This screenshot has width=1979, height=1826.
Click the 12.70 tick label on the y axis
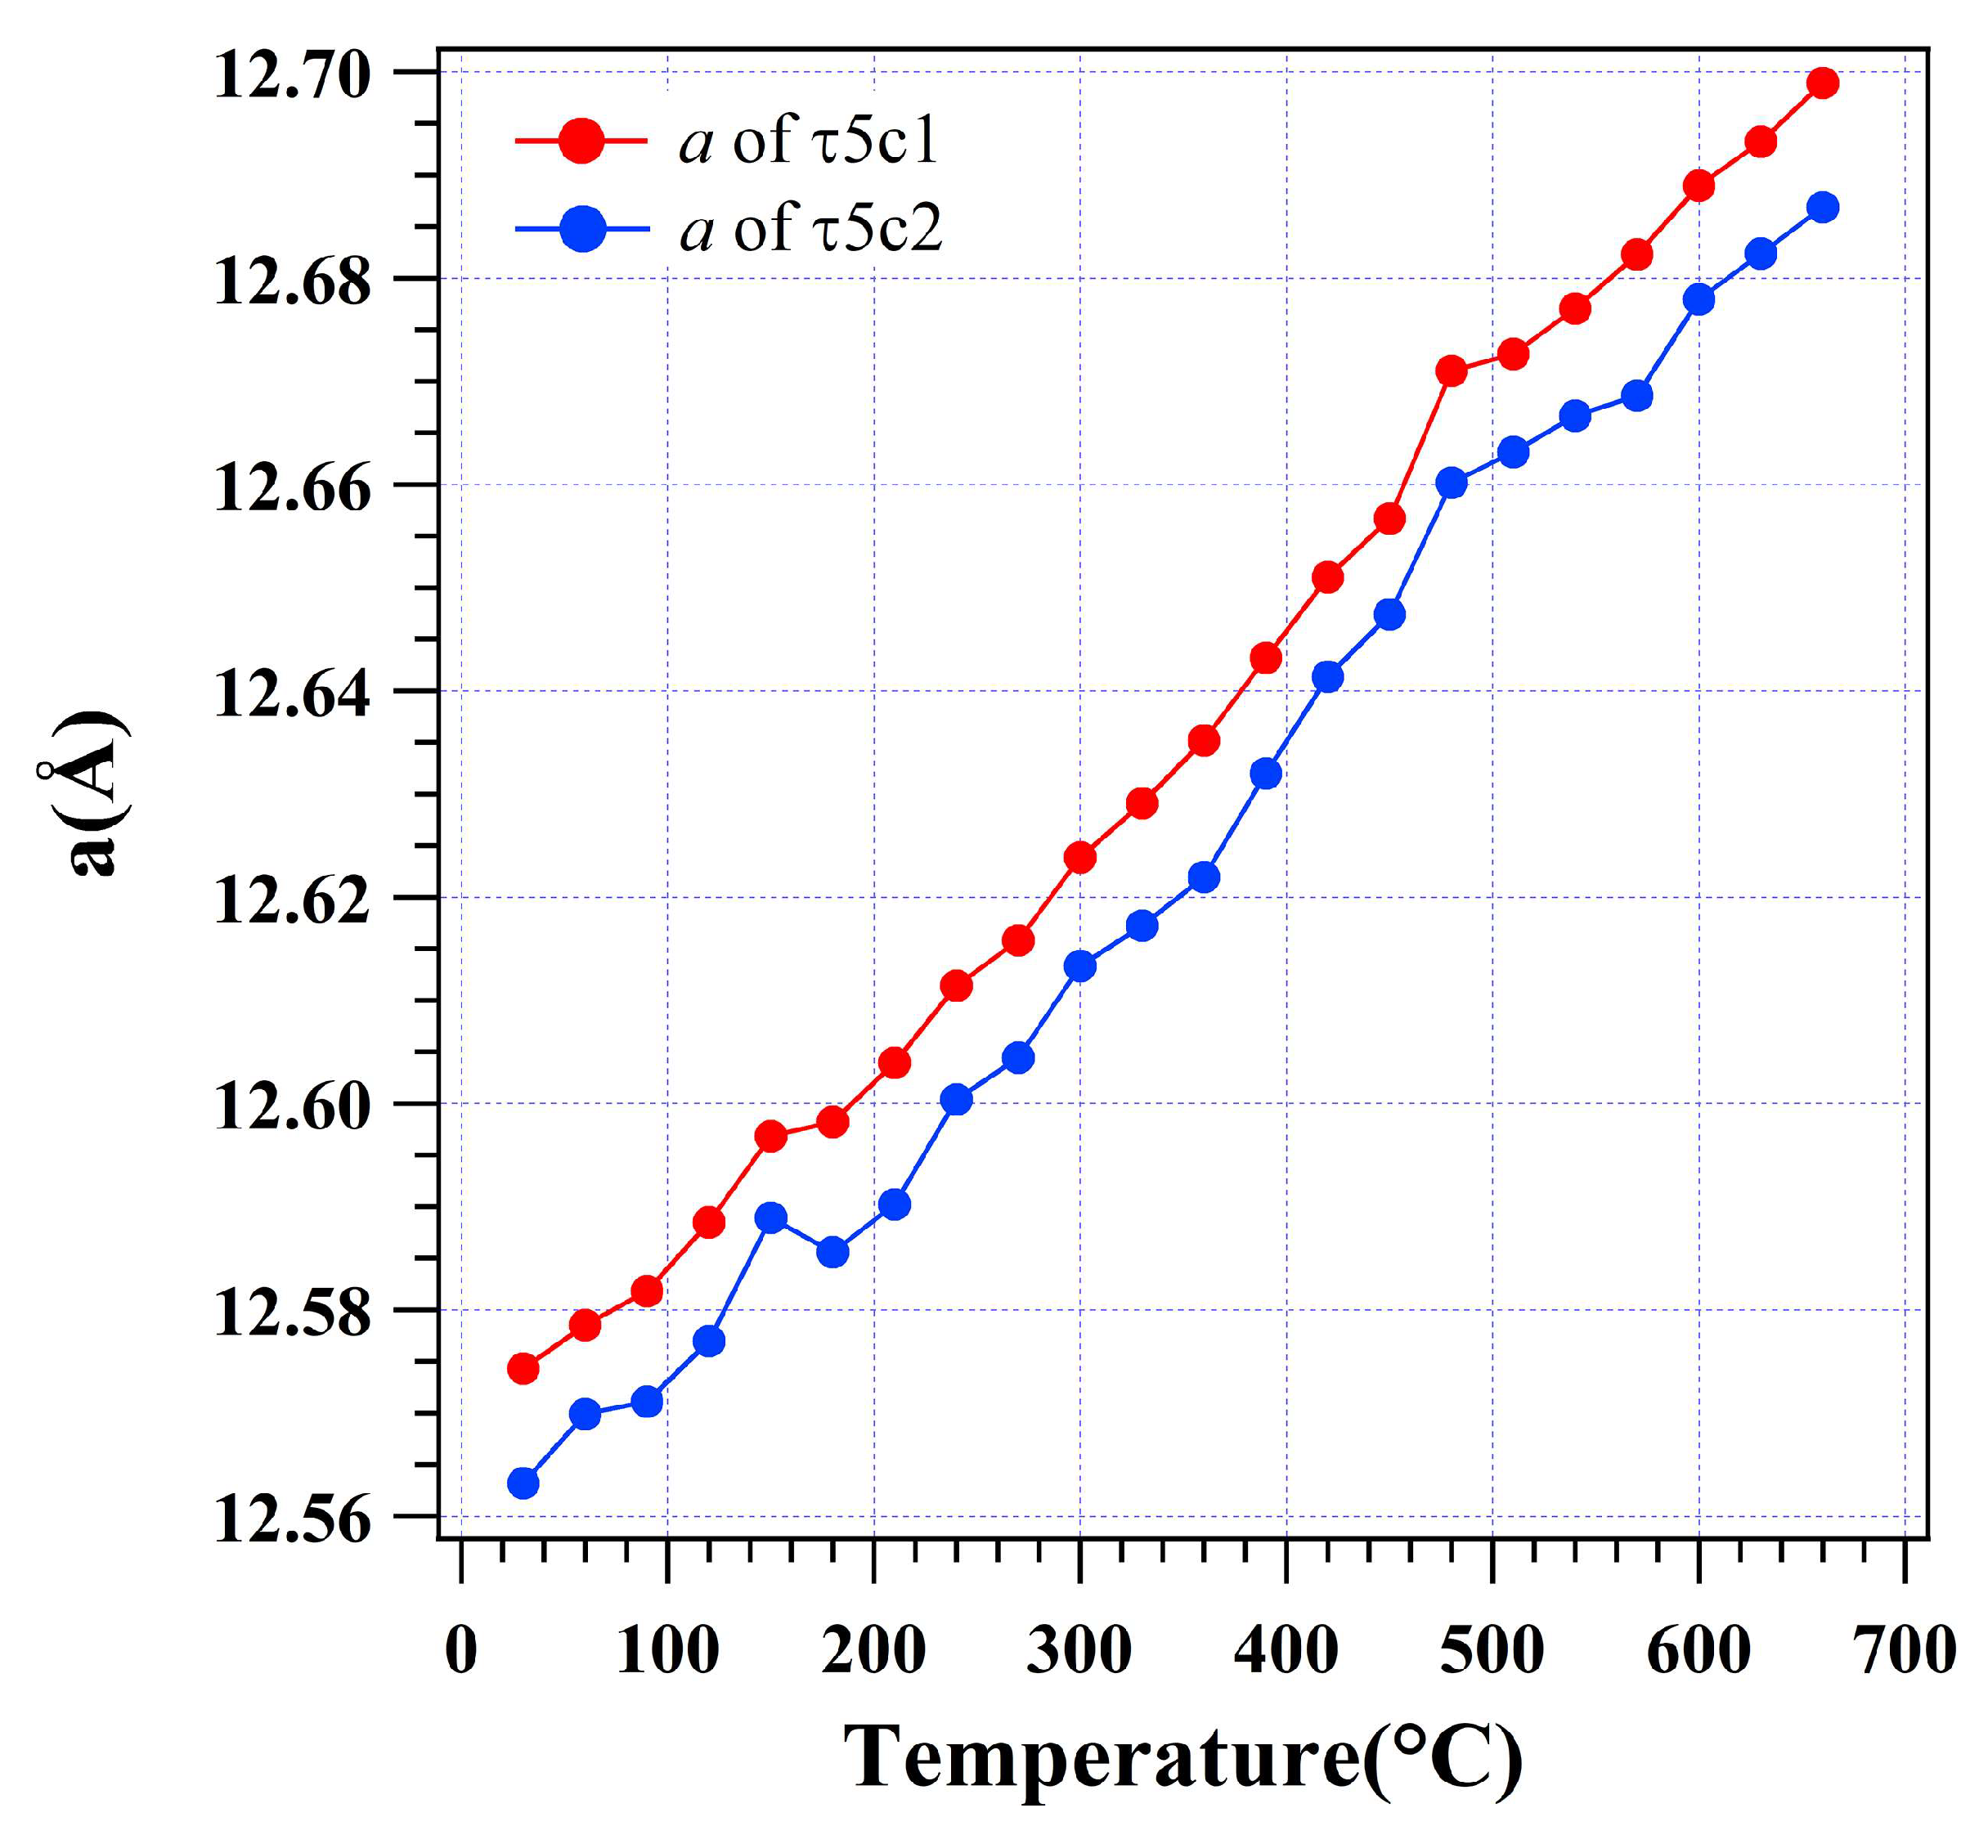coord(293,74)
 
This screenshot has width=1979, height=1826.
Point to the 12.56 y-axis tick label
coord(293,1519)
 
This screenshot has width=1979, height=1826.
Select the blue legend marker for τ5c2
coord(583,229)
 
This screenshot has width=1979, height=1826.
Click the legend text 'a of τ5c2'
coord(811,228)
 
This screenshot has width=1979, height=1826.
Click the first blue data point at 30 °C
coord(523,1483)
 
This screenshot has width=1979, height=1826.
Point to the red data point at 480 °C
coord(1452,371)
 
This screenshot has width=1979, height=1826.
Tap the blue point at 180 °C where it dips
coord(833,1253)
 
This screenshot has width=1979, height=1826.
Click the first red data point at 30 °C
coord(523,1369)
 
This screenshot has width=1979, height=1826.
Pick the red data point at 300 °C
coord(1080,857)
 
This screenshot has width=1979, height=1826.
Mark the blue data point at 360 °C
coord(1204,877)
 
